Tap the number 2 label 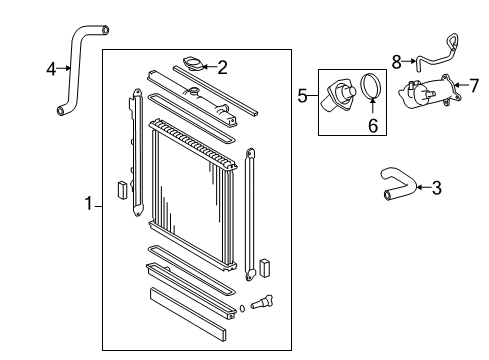pos(222,68)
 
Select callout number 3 pos(435,187)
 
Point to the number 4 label pos(51,69)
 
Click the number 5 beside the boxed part pos(302,97)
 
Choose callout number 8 pos(396,62)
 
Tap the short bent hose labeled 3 pos(394,182)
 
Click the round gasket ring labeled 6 pos(371,88)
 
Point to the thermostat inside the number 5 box pos(338,97)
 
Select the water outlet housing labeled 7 pos(424,95)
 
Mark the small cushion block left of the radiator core pos(121,187)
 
